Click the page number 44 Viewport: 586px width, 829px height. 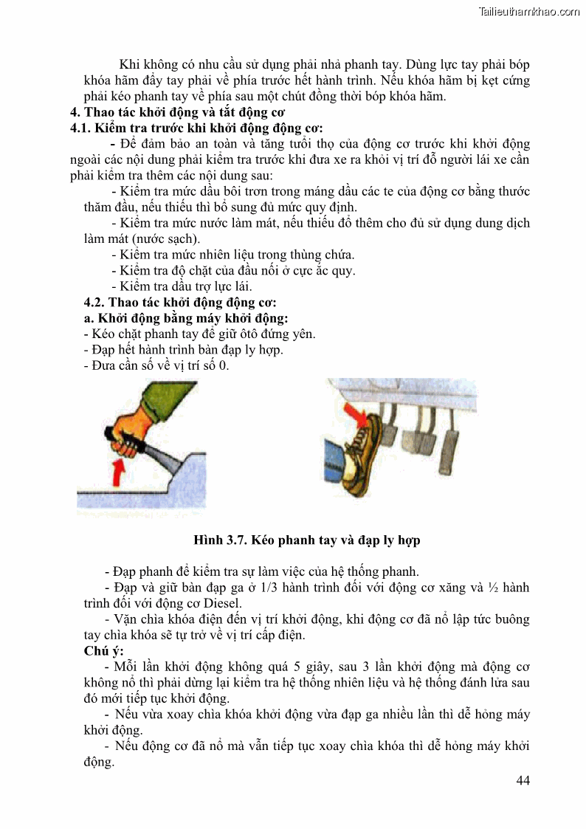point(522,781)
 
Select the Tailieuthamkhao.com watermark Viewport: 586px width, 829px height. point(529,11)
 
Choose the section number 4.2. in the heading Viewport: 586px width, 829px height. point(95,303)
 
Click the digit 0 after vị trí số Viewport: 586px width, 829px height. point(225,365)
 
